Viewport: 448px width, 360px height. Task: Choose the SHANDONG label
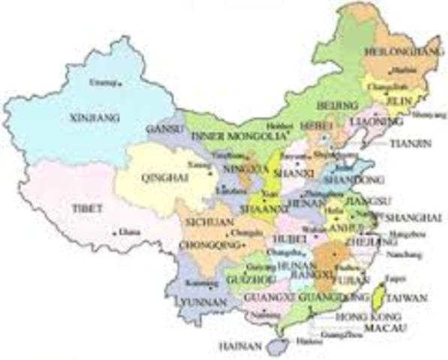tap(362, 180)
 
